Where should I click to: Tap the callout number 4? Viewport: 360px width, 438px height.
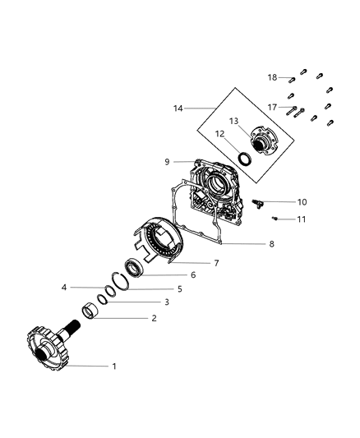[63, 287]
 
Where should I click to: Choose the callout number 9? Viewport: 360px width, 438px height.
[168, 161]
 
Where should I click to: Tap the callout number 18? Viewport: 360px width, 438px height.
[272, 76]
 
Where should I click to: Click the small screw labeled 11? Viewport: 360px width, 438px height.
[276, 218]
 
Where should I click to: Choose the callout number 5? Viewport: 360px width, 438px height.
[178, 288]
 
